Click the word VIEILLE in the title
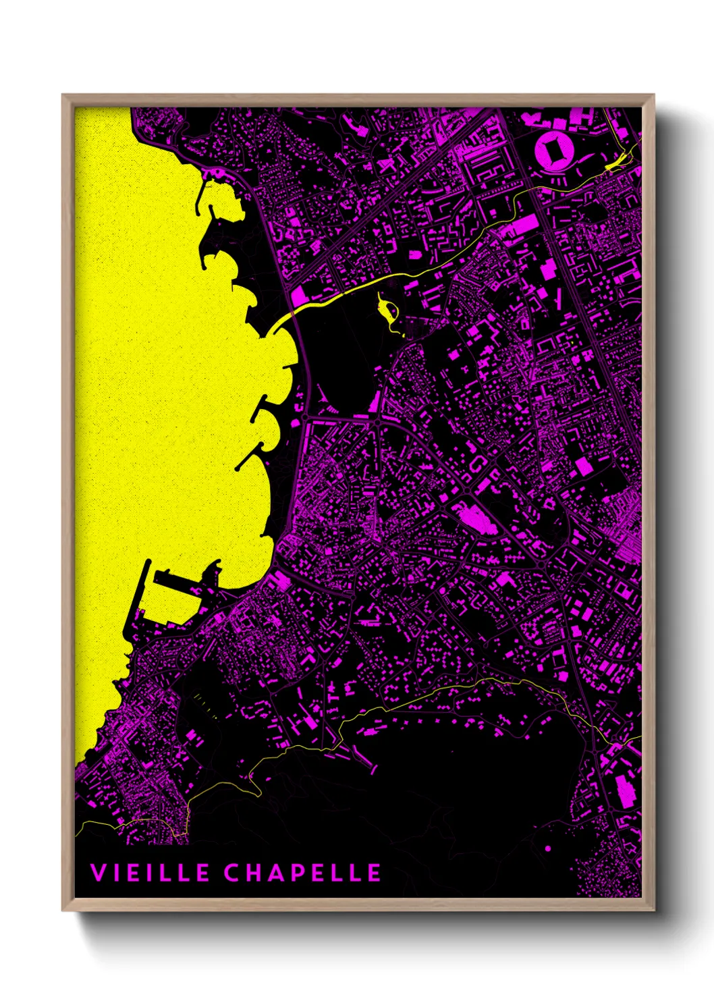[150, 872]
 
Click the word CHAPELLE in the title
[302, 872]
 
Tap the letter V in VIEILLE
[99, 872]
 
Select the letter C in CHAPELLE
[233, 872]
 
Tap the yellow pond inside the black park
[389, 310]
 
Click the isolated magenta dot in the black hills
[547, 848]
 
